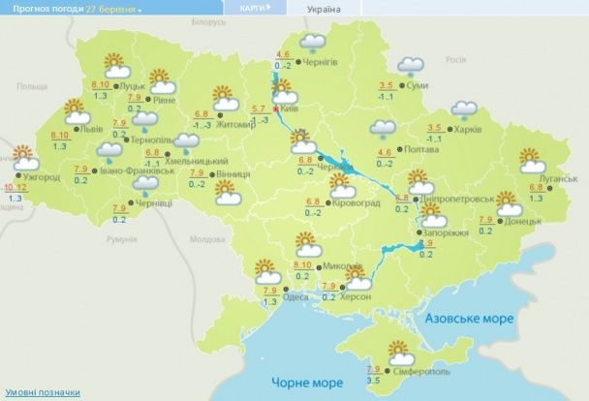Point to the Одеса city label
295,296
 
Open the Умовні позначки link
41,392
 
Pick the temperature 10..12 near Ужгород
15,186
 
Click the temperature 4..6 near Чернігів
284,54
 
